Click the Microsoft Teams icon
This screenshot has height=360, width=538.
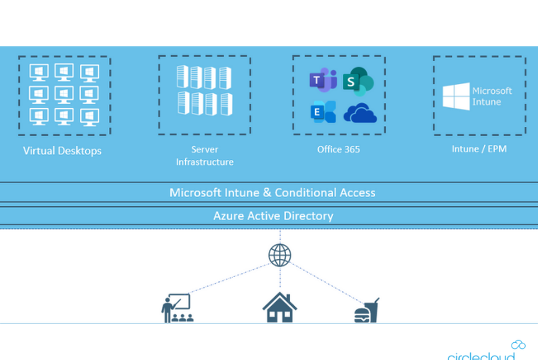tap(323, 80)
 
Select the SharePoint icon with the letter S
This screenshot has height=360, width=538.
tap(358, 81)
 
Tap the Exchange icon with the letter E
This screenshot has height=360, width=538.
tap(323, 112)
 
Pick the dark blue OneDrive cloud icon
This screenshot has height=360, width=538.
tap(360, 113)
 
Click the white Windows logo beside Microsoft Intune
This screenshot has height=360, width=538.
tap(456, 97)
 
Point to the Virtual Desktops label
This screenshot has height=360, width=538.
tap(62, 151)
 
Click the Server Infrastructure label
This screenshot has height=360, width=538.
tap(205, 156)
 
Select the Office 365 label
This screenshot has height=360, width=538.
tap(338, 150)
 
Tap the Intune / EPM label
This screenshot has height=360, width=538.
tap(479, 149)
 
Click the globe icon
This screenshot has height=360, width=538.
tap(280, 255)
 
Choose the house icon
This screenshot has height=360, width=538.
tap(280, 307)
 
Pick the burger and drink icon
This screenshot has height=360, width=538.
tap(367, 310)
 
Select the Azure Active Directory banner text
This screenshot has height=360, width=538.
tap(273, 216)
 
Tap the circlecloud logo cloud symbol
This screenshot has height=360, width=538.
tap(518, 345)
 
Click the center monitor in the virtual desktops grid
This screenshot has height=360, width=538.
tap(64, 95)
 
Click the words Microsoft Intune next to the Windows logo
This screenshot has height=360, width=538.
tap(492, 97)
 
